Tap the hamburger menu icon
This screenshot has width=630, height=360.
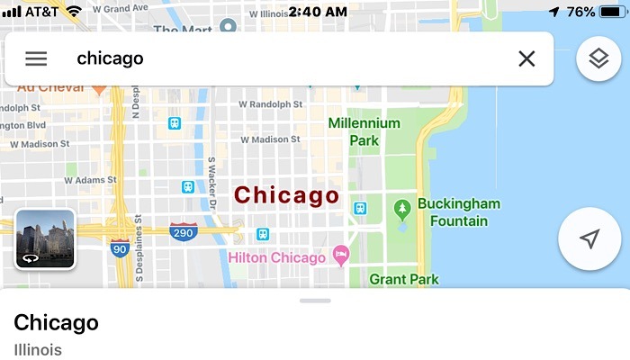pyautogui.click(x=36, y=59)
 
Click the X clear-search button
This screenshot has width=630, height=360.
pyautogui.click(x=526, y=59)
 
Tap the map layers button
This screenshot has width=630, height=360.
pyautogui.click(x=598, y=59)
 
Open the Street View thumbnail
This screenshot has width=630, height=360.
pyautogui.click(x=45, y=239)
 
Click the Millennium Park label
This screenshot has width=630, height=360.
pyautogui.click(x=364, y=131)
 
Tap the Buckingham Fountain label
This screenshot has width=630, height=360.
pyautogui.click(x=458, y=212)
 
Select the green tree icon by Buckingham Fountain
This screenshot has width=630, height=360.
pyautogui.click(x=402, y=210)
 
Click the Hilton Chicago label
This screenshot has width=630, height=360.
pyautogui.click(x=276, y=258)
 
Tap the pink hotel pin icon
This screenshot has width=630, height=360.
pyautogui.click(x=341, y=256)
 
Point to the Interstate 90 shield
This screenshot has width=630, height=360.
pyautogui.click(x=121, y=248)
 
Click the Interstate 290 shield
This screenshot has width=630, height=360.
pyautogui.click(x=183, y=231)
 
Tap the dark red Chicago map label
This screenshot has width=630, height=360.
pyautogui.click(x=286, y=195)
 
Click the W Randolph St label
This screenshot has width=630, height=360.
pyautogui.click(x=271, y=104)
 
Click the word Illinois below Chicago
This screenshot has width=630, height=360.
pyautogui.click(x=38, y=349)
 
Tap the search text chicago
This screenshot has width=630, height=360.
pyautogui.click(x=110, y=59)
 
